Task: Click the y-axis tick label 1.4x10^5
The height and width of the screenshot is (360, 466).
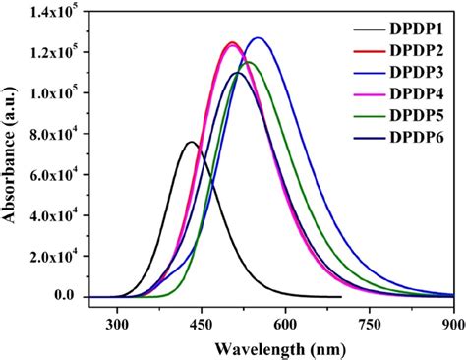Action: point(55,11)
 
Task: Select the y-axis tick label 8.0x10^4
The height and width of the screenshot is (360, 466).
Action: point(55,134)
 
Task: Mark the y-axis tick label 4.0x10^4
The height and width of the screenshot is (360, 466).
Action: point(55,214)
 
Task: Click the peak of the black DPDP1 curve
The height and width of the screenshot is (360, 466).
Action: point(191,142)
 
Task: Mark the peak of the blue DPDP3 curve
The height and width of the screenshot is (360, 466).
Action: point(258,38)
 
